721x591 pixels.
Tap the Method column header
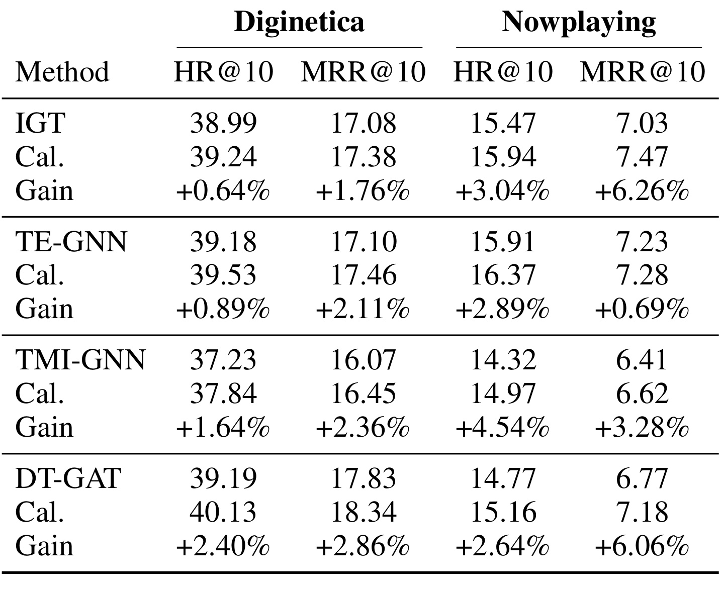click(62, 72)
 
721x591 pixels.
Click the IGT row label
click(40, 123)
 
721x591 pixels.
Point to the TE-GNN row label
click(71, 242)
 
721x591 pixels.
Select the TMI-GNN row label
click(80, 360)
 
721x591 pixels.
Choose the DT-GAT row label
click(68, 478)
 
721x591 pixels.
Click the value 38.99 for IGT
click(223, 123)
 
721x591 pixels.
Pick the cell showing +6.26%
click(642, 190)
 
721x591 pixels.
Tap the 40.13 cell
click(223, 512)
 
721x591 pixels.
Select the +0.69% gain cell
click(642, 309)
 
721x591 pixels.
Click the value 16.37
click(503, 275)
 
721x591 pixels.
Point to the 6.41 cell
click(642, 360)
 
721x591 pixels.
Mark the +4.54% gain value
click(503, 428)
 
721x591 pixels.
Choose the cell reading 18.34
click(364, 512)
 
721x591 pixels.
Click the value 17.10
click(364, 242)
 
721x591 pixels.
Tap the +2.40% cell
click(223, 546)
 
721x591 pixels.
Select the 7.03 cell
click(642, 123)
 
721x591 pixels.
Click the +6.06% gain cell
click(642, 546)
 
